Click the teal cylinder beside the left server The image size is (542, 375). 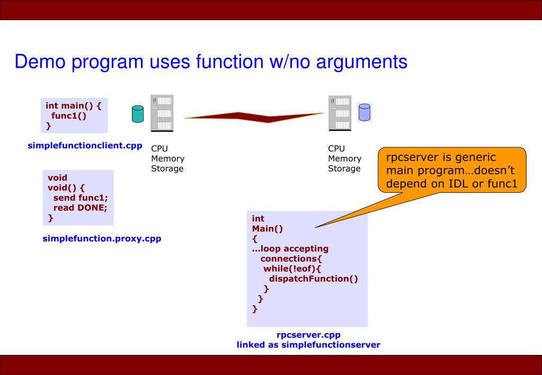pos(138,113)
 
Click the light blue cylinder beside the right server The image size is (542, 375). pos(365,112)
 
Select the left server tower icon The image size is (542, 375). pos(162,112)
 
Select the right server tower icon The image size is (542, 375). pos(340,112)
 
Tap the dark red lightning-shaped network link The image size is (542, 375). pos(254,117)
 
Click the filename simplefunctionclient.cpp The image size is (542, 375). pos(85,146)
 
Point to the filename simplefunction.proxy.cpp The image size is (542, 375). pos(102,239)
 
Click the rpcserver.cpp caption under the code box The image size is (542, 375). pos(308,335)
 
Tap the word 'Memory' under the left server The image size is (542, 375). pos(167,158)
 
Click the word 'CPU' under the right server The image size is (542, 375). pos(336,148)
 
